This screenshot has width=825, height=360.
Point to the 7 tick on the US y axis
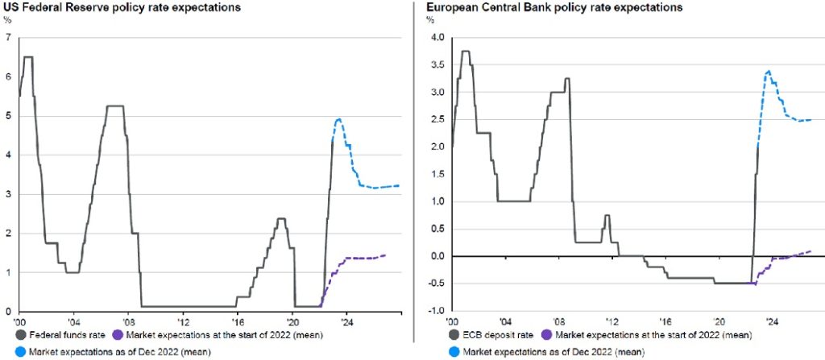pos(7,37)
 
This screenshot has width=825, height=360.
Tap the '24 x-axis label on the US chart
pos(349,319)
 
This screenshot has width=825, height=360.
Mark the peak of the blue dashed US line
pos(339,119)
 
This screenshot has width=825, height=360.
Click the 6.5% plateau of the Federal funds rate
pos(28,57)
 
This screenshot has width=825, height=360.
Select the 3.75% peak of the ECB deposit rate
pos(465,52)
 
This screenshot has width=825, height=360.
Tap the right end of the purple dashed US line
pos(385,255)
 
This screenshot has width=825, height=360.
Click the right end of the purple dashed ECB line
pos(810,251)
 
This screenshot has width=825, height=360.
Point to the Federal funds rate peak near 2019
pos(280,218)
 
